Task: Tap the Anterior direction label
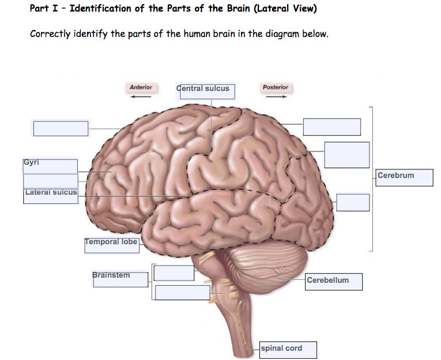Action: pyautogui.click(x=141, y=88)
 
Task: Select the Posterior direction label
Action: pyautogui.click(x=275, y=88)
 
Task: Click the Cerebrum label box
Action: pyautogui.click(x=405, y=176)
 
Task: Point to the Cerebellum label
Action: pyautogui.click(x=334, y=281)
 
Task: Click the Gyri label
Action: pyautogui.click(x=50, y=166)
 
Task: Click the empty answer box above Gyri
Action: pyautogui.click(x=61, y=128)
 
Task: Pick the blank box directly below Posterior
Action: pyautogui.click(x=331, y=127)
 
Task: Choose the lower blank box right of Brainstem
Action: pyautogui.click(x=182, y=292)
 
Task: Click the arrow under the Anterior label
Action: pyautogui.click(x=141, y=97)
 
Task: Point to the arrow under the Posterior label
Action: pyautogui.click(x=276, y=97)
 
